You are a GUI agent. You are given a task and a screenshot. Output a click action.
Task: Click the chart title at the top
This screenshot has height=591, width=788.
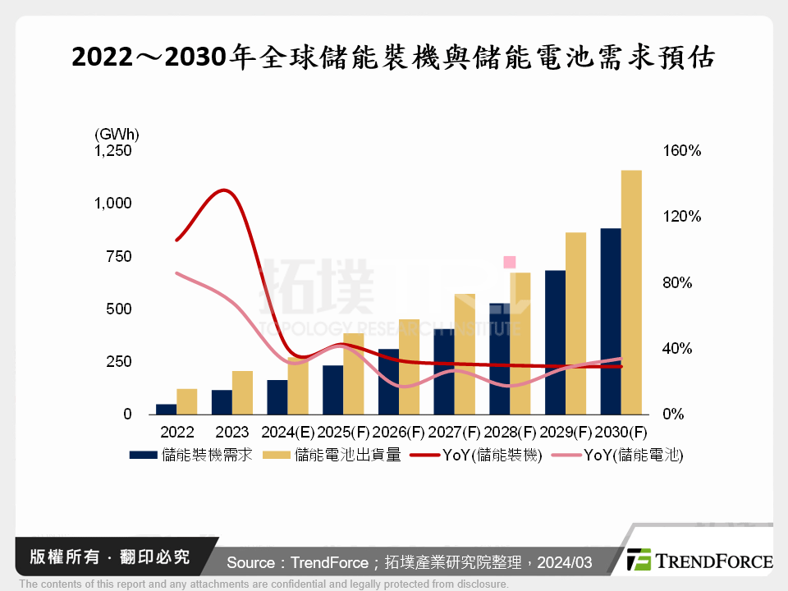point(394,58)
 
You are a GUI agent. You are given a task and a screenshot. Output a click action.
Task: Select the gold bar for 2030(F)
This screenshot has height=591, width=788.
point(631,292)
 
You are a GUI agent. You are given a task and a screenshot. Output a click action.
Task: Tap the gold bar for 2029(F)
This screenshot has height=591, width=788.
point(575,323)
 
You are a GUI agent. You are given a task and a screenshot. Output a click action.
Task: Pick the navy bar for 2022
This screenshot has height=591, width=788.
point(166,409)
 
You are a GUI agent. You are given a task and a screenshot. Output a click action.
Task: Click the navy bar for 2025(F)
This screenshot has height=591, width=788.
point(332,390)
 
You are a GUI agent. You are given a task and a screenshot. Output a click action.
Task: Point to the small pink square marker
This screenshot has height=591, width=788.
point(509,262)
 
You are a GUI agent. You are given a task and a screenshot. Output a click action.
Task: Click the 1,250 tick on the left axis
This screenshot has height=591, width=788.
point(112,151)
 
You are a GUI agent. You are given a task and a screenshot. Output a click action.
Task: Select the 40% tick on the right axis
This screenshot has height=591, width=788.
point(678,349)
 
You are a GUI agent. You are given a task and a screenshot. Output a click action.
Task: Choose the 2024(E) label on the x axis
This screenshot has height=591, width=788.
point(288,432)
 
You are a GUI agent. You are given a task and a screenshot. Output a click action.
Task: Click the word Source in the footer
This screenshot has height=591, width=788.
point(251,563)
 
